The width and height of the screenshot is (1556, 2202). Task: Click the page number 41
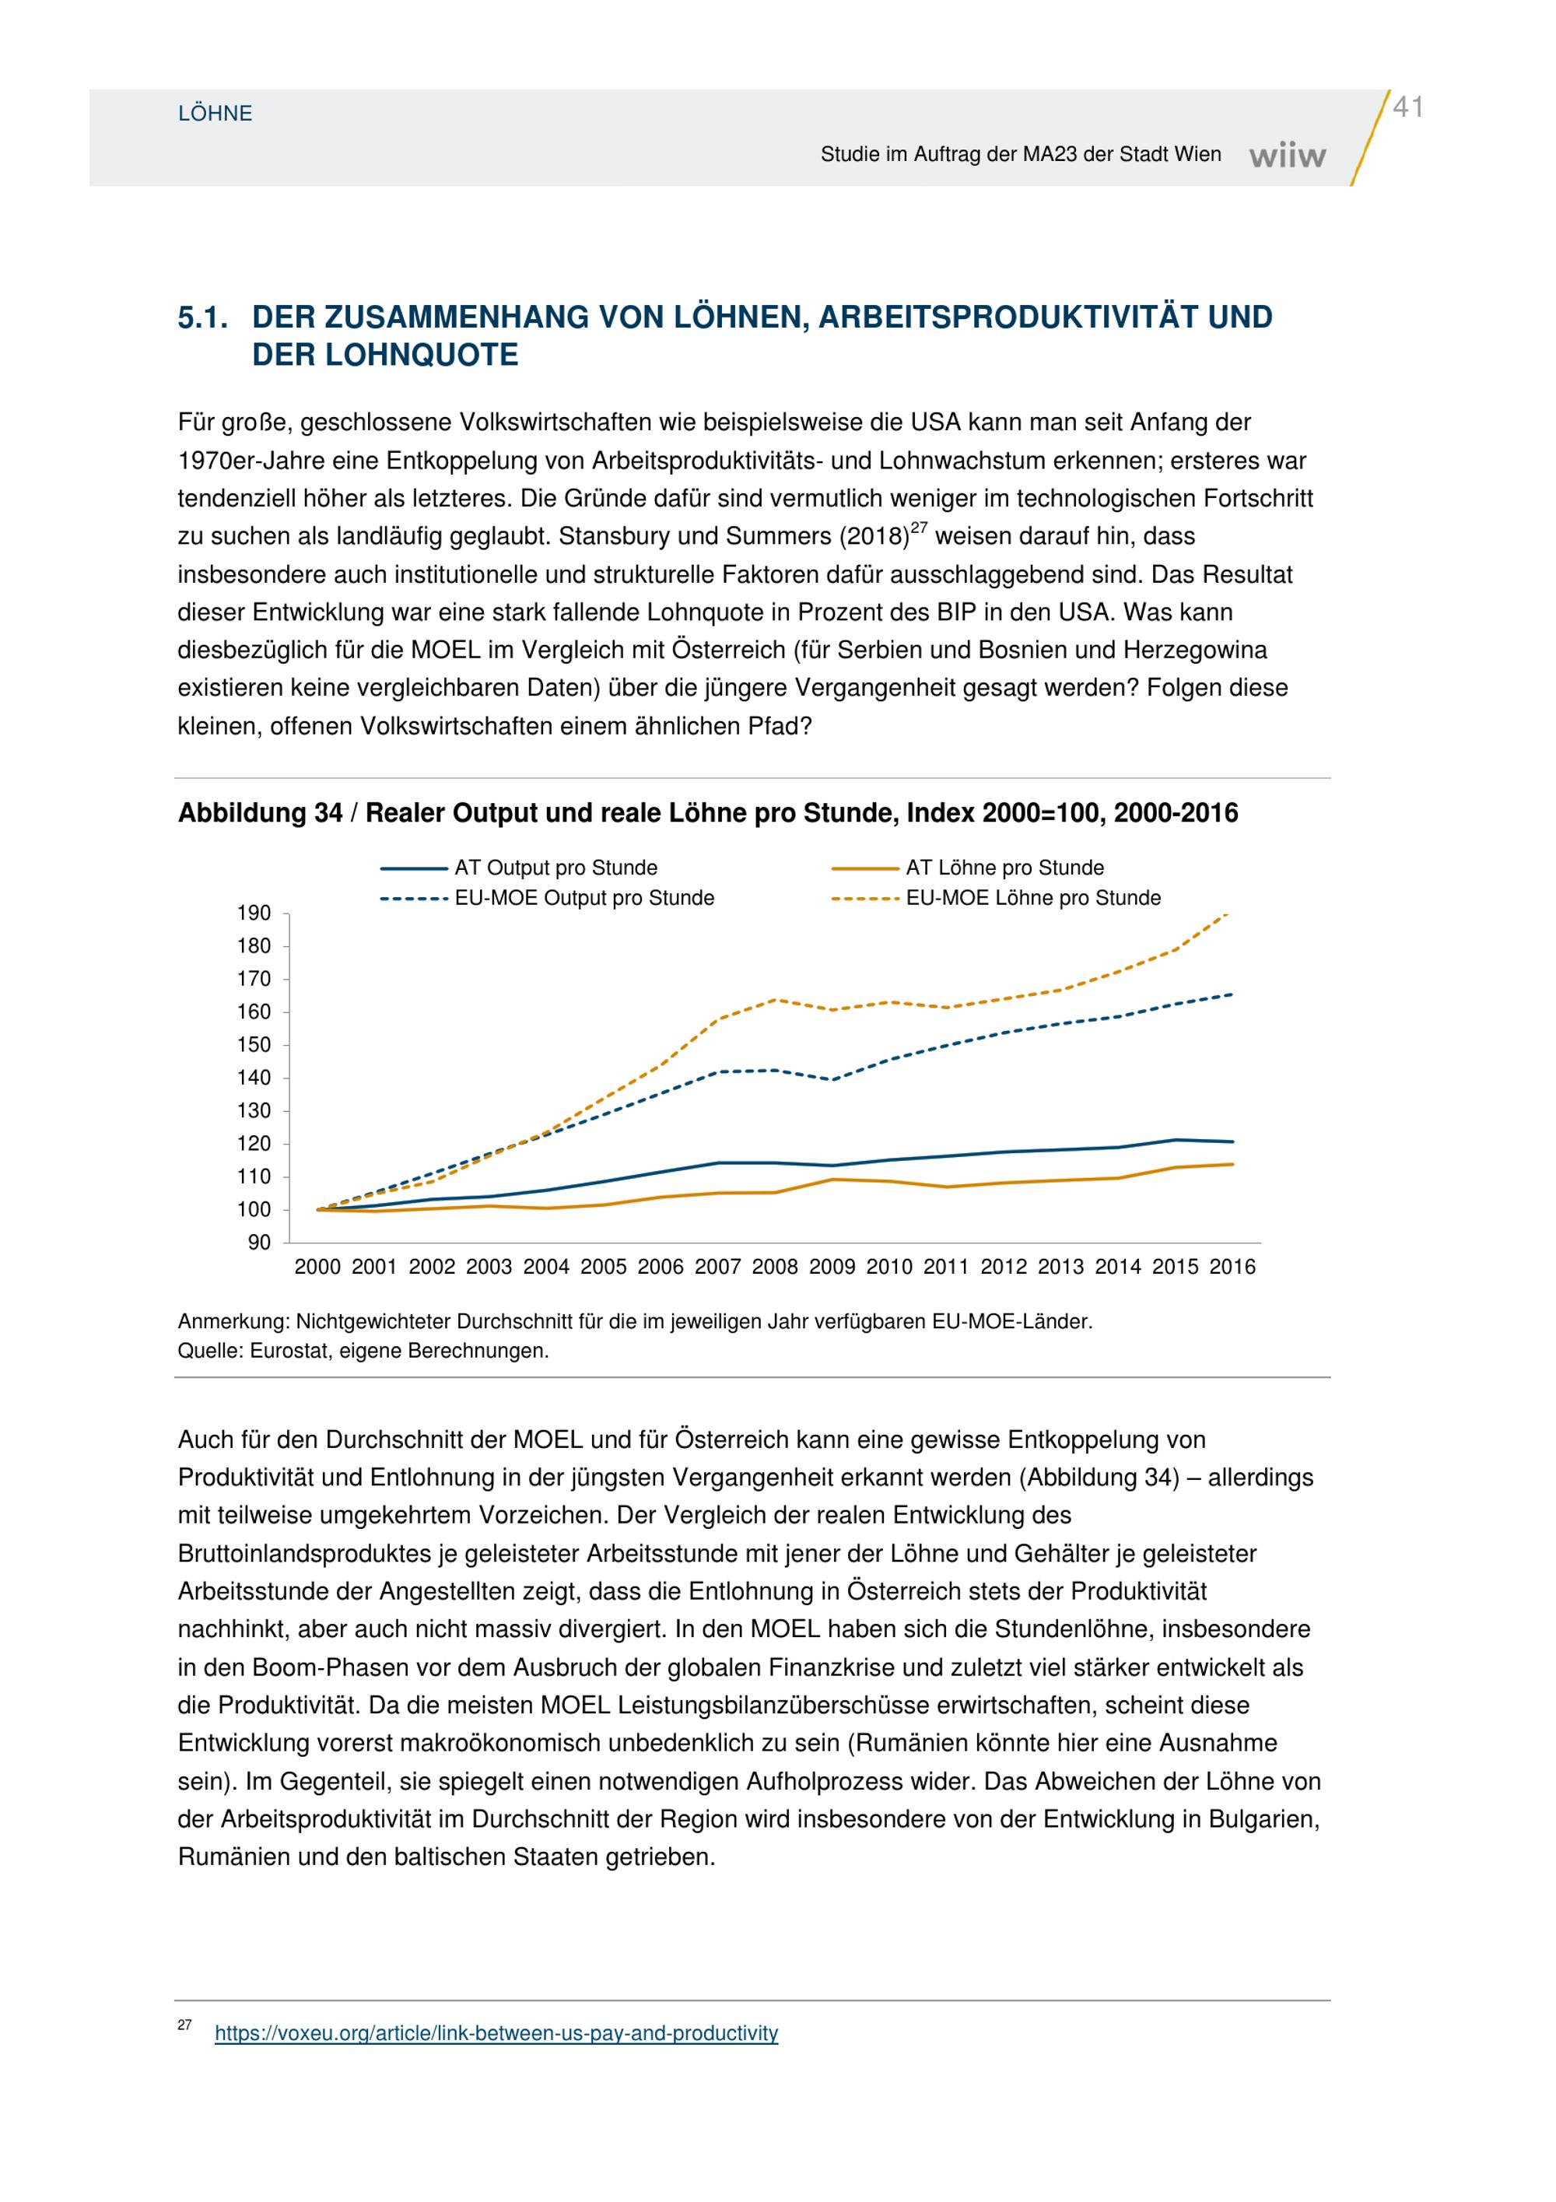(1407, 107)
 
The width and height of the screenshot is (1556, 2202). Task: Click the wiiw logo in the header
(1288, 156)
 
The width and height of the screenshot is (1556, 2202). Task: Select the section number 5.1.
(203, 317)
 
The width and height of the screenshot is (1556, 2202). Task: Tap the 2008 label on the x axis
(775, 1267)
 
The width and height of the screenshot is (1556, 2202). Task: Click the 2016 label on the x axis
(1232, 1267)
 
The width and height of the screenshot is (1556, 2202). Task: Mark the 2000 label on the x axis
(317, 1267)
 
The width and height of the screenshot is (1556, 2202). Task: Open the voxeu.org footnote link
(496, 2034)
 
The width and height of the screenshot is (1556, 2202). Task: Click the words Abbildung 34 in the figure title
(260, 813)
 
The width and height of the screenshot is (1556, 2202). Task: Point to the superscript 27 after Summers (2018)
(920, 528)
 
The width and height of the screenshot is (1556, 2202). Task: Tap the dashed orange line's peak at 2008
(775, 1001)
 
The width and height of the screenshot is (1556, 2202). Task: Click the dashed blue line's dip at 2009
(832, 1080)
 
